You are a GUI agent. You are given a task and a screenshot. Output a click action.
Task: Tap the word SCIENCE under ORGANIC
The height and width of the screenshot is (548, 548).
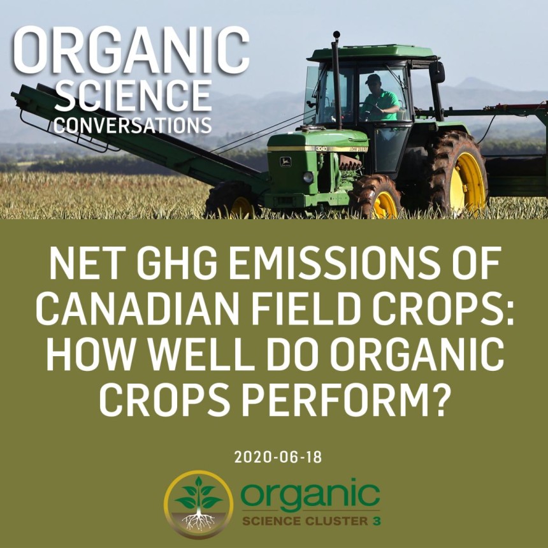[133, 96]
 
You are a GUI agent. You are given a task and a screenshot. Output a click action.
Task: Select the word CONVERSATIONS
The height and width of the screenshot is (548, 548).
[133, 125]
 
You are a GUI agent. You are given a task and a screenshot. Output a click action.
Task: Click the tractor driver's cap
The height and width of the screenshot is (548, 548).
[373, 79]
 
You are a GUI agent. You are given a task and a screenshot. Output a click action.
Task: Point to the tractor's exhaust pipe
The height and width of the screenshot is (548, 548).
[337, 80]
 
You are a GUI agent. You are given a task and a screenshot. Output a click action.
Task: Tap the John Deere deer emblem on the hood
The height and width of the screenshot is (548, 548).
[285, 161]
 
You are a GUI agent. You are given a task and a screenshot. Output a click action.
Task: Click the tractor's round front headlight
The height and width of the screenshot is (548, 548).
[308, 178]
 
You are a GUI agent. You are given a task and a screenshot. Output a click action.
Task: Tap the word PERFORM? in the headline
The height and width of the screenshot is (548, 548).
[345, 400]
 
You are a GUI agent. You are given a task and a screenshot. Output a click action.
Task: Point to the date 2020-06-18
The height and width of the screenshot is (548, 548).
[278, 457]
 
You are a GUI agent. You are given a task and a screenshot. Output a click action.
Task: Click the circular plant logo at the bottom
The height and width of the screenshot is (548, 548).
[199, 504]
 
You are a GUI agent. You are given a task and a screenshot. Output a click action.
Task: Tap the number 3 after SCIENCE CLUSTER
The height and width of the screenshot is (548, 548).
[377, 521]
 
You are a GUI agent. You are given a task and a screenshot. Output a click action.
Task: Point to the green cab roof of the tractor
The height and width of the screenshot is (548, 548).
[373, 53]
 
